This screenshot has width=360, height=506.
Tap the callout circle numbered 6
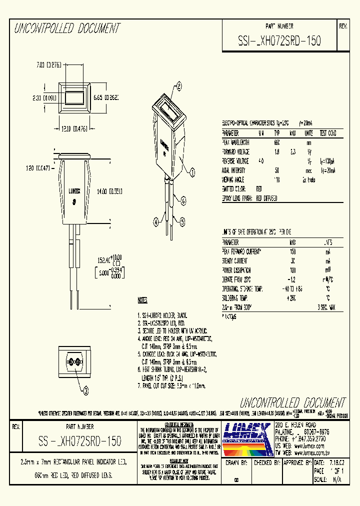(x=183, y=201)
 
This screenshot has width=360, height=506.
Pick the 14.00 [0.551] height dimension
(x=110, y=191)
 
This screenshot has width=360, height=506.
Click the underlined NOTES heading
(x=142, y=300)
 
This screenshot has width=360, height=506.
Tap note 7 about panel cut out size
(x=171, y=385)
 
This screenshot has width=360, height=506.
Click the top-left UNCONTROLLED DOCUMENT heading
(x=67, y=28)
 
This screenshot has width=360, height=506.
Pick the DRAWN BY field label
(x=236, y=463)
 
